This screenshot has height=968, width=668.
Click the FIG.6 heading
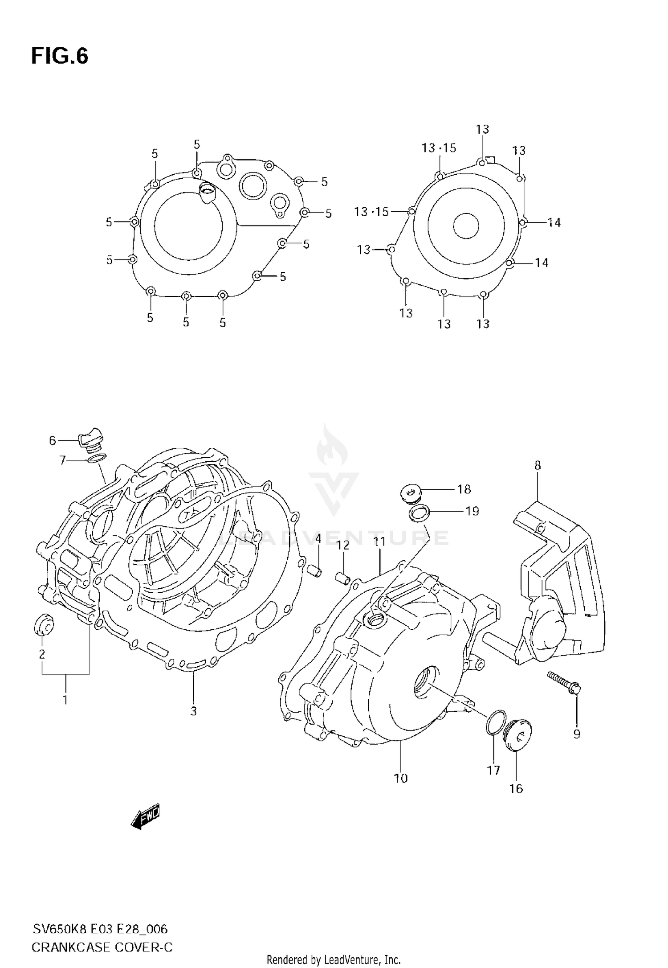click(x=60, y=57)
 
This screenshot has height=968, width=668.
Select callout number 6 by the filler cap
click(x=52, y=440)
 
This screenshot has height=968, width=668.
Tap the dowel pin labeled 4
click(x=315, y=570)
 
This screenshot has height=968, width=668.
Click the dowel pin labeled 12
click(x=342, y=578)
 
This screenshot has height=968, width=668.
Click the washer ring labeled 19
click(x=419, y=513)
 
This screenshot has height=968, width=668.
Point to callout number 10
click(x=401, y=779)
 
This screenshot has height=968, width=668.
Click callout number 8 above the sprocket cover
click(x=538, y=466)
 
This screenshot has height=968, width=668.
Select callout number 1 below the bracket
click(x=65, y=700)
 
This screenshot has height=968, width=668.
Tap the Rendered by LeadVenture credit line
click(x=334, y=960)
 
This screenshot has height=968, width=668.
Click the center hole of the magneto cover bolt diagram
click(x=466, y=226)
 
